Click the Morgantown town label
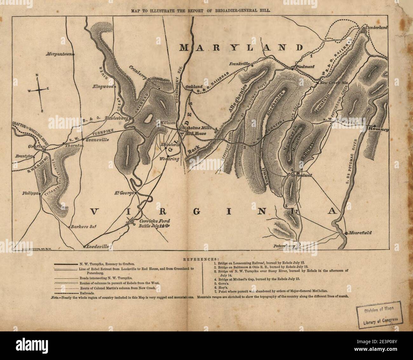click(59, 54)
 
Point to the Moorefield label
click(360, 233)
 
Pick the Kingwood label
click(103, 86)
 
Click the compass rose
click(39, 90)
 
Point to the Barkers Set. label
click(82, 227)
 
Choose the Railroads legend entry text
click(85, 293)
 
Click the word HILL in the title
click(266, 10)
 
